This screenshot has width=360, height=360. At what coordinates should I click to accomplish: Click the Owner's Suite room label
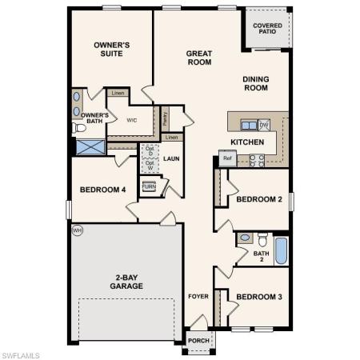(x=112, y=49)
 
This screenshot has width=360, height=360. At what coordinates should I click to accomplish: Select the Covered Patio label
(x=267, y=30)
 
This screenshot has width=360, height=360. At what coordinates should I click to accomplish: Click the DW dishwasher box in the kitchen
(x=263, y=124)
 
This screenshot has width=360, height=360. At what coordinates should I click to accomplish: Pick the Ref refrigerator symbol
(x=226, y=158)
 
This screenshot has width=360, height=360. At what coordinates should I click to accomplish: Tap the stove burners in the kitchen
(x=257, y=159)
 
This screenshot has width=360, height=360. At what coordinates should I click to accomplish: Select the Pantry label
(x=165, y=117)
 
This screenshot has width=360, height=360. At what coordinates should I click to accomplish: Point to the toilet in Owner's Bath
(x=78, y=127)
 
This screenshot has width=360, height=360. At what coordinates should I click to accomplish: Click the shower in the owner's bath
(x=90, y=146)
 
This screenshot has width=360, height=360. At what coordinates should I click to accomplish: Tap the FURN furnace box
(x=150, y=186)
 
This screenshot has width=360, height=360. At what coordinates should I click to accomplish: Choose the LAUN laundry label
(x=171, y=158)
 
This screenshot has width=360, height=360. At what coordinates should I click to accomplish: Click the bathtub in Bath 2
(x=281, y=249)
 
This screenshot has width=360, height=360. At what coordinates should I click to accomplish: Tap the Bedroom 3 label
(x=258, y=297)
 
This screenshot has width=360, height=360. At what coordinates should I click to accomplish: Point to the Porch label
(x=197, y=339)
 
